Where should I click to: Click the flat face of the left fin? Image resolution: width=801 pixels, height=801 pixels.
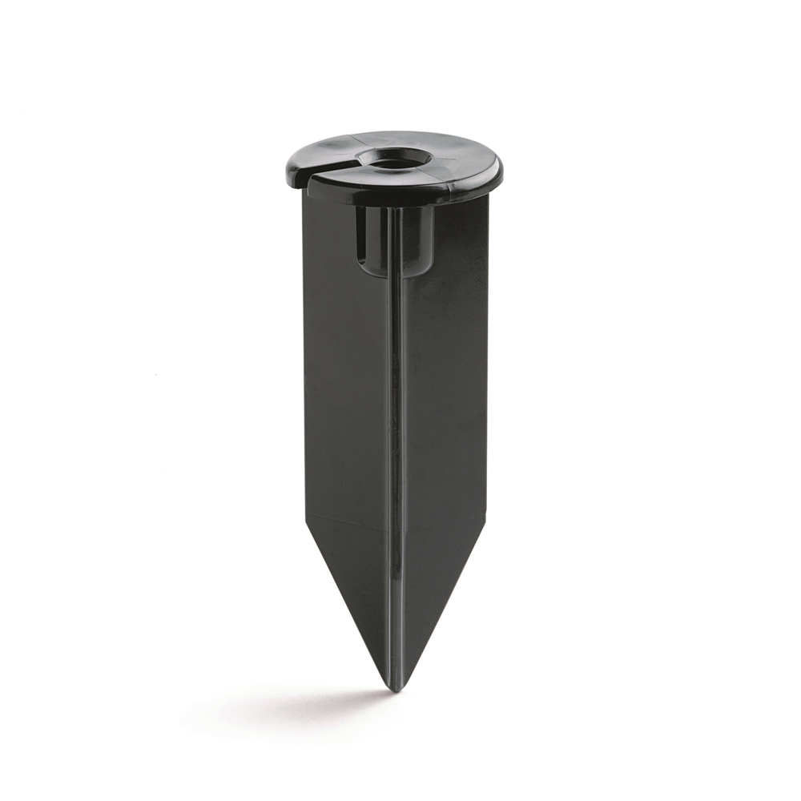point(344,384)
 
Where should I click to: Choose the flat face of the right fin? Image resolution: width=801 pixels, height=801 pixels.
point(445,384)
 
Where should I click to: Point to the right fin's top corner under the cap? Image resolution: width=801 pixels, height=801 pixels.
point(486,197)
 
